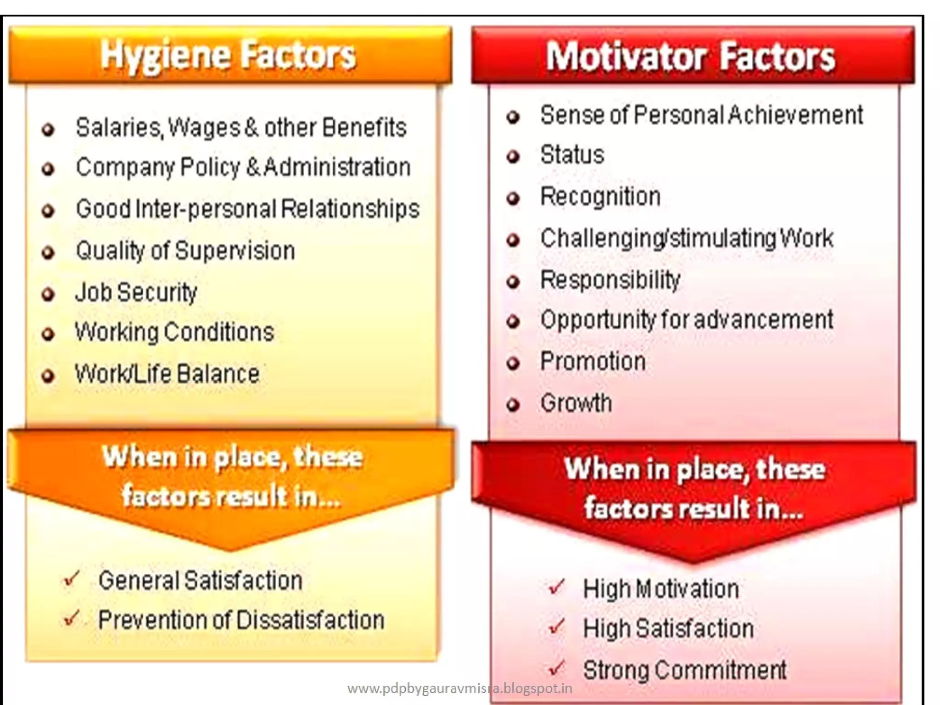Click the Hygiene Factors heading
tap(228, 56)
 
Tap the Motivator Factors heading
tap(690, 57)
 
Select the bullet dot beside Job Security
tap(48, 294)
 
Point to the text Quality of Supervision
tap(185, 251)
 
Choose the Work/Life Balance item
tap(167, 374)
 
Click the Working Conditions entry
tap(174, 332)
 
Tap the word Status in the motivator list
tap(572, 155)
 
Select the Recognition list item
tap(600, 196)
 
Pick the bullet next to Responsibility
tap(513, 281)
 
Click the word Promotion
tap(593, 361)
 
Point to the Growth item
tap(576, 403)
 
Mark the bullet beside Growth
tap(513, 405)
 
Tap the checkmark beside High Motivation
tap(556, 587)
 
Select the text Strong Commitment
tap(684, 670)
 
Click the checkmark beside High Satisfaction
tap(556, 627)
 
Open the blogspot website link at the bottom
tap(459, 688)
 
